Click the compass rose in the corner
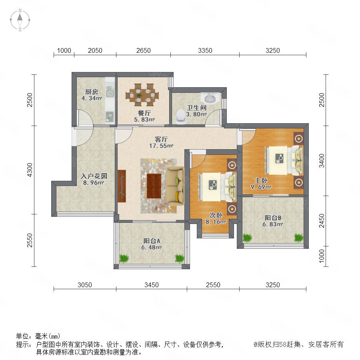tap(20, 20)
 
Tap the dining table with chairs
tap(142, 95)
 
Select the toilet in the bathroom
tap(180, 116)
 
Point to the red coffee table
tap(154, 186)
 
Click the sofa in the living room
tap(176, 186)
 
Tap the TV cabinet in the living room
tap(122, 186)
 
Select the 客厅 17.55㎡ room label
tap(161, 142)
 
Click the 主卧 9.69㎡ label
tap(261, 184)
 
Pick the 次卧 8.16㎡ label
tap(216, 218)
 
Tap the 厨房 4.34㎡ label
tap(92, 95)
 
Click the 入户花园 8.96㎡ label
tap(94, 179)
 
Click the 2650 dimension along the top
tap(144, 50)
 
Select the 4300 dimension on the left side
tap(30, 170)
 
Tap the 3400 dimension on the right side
tap(322, 161)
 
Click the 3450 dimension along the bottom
tap(152, 285)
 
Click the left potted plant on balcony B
tap(247, 238)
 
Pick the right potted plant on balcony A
tap(180, 258)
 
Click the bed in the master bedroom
tap(284, 160)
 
